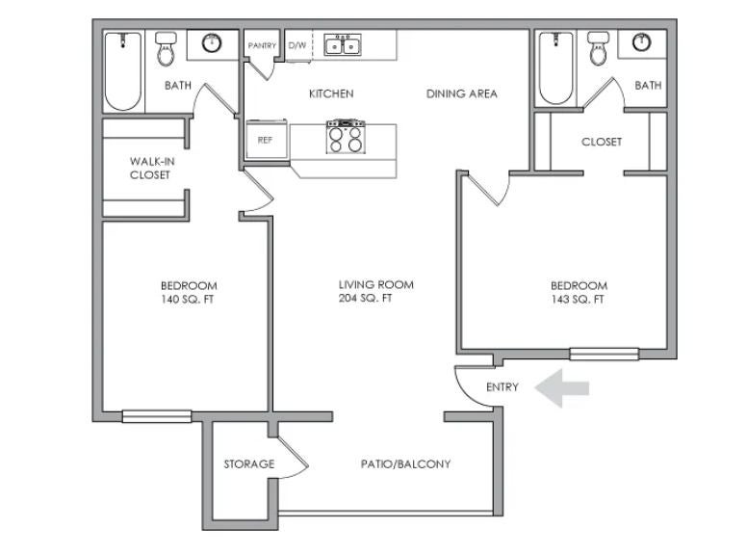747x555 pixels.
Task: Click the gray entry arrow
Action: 561,388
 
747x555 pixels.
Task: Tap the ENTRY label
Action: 502,387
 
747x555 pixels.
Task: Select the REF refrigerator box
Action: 267,139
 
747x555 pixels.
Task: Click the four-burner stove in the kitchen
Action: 346,137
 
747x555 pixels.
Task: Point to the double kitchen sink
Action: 343,44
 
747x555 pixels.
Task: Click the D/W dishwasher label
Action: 297,45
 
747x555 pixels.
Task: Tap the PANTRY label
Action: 262,45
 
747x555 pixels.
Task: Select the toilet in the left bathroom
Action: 167,48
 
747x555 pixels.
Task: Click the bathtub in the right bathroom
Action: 556,68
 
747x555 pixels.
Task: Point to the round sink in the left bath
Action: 212,43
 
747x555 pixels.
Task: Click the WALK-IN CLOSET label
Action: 152,169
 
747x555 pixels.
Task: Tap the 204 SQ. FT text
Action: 365,299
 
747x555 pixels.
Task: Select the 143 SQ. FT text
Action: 578,300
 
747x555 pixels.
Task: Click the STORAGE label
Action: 249,463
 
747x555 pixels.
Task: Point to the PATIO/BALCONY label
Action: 405,463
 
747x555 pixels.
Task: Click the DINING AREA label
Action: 462,93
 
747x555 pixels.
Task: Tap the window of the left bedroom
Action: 157,416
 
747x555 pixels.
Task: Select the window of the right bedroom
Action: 605,354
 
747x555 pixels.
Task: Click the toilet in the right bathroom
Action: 598,48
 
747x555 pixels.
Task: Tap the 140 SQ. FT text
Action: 187,300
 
